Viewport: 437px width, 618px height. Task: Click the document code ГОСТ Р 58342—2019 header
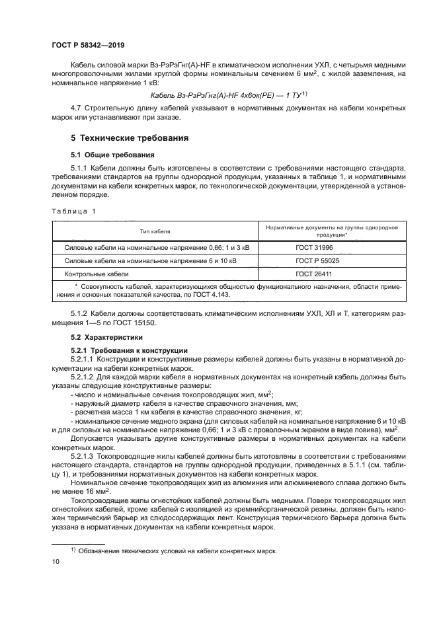(88, 46)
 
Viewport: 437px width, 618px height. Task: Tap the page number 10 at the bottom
(56, 561)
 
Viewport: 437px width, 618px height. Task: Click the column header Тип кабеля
(154, 231)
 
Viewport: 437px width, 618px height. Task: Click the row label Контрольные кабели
(96, 273)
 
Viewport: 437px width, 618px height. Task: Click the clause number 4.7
(77, 108)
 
